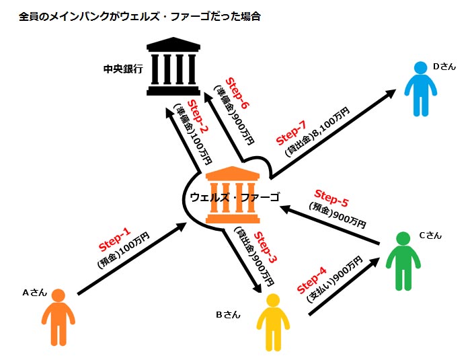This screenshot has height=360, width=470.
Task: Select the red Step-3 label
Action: pyautogui.click(x=264, y=248)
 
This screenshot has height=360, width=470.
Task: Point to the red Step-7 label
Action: pyautogui.click(x=291, y=132)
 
